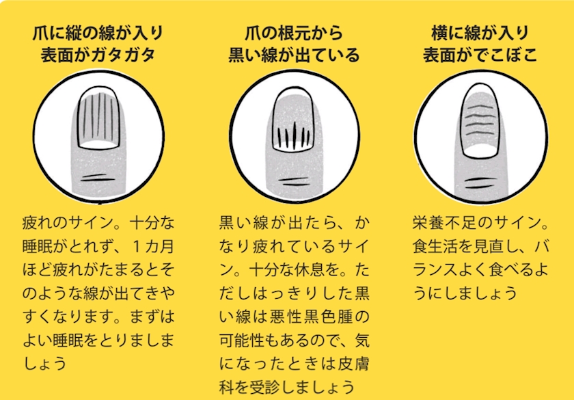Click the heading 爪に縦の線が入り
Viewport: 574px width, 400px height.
(98, 34)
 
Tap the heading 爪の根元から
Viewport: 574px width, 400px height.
(294, 34)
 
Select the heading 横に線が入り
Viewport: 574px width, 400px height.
(480, 34)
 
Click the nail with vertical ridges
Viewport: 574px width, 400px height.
(99, 118)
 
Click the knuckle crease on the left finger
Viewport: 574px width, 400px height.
(98, 178)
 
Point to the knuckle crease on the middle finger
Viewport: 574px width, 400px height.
(294, 182)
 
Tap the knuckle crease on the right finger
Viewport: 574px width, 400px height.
(480, 182)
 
